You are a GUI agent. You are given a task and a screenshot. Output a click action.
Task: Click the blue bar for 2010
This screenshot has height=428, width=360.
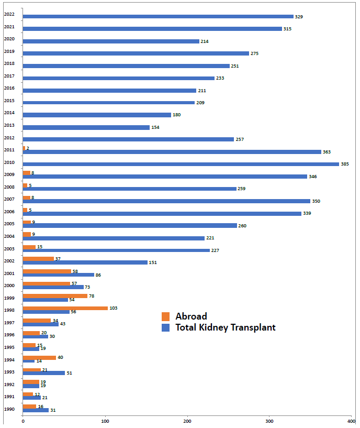181,164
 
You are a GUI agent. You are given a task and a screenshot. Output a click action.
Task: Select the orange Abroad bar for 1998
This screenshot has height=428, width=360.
65,308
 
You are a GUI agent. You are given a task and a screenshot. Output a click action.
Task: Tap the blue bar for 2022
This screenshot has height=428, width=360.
158,16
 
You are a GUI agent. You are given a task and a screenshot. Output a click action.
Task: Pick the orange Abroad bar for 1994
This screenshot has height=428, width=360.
39,358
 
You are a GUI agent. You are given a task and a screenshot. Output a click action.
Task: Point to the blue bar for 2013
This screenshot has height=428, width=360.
86,127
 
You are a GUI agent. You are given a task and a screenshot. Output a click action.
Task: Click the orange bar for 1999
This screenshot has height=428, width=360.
55,296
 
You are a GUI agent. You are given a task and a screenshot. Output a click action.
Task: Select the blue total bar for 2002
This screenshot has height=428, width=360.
85,262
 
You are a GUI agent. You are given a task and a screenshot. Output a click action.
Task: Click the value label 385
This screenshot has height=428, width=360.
345,164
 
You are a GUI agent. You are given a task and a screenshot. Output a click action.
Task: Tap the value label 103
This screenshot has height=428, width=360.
114,308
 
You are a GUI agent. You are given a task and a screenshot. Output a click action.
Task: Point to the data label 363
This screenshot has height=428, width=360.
327,152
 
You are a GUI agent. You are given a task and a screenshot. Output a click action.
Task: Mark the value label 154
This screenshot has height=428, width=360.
155,127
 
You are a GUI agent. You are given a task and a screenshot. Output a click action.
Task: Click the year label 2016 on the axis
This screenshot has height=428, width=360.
9,88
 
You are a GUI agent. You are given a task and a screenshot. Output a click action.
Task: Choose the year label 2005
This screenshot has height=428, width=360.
9,224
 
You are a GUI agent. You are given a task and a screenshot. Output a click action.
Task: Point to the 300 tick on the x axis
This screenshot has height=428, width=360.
269,421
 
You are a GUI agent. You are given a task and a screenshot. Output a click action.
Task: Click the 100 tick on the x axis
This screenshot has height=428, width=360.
105,421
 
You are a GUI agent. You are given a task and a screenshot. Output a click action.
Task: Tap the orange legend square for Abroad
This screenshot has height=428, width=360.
166,316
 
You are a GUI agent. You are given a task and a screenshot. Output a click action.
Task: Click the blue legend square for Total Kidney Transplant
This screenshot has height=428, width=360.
166,328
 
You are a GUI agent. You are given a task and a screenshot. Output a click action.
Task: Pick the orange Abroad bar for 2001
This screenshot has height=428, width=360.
47,271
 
